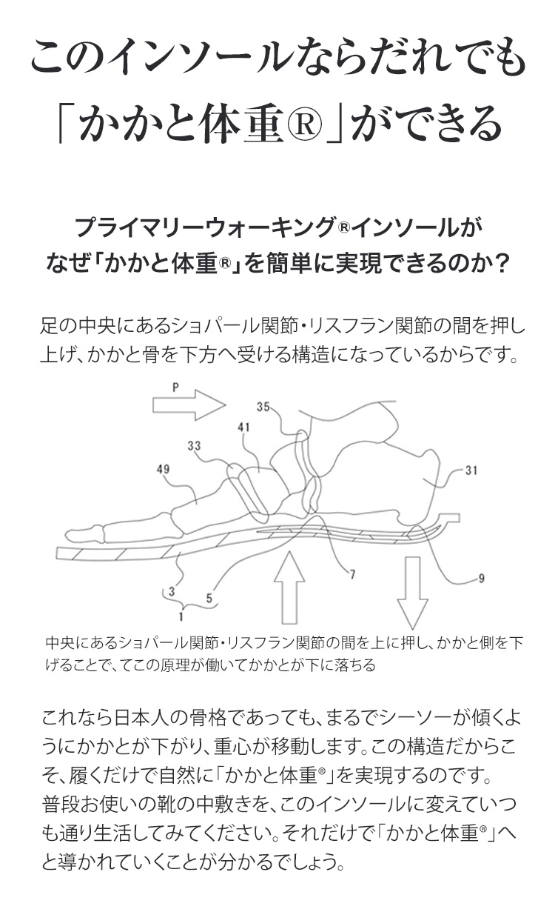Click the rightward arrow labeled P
[188, 405]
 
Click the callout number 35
[264, 406]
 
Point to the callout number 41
[244, 427]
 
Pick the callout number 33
[194, 445]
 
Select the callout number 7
[353, 574]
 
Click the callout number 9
[482, 579]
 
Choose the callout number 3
[171, 592]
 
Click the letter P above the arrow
[175, 387]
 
